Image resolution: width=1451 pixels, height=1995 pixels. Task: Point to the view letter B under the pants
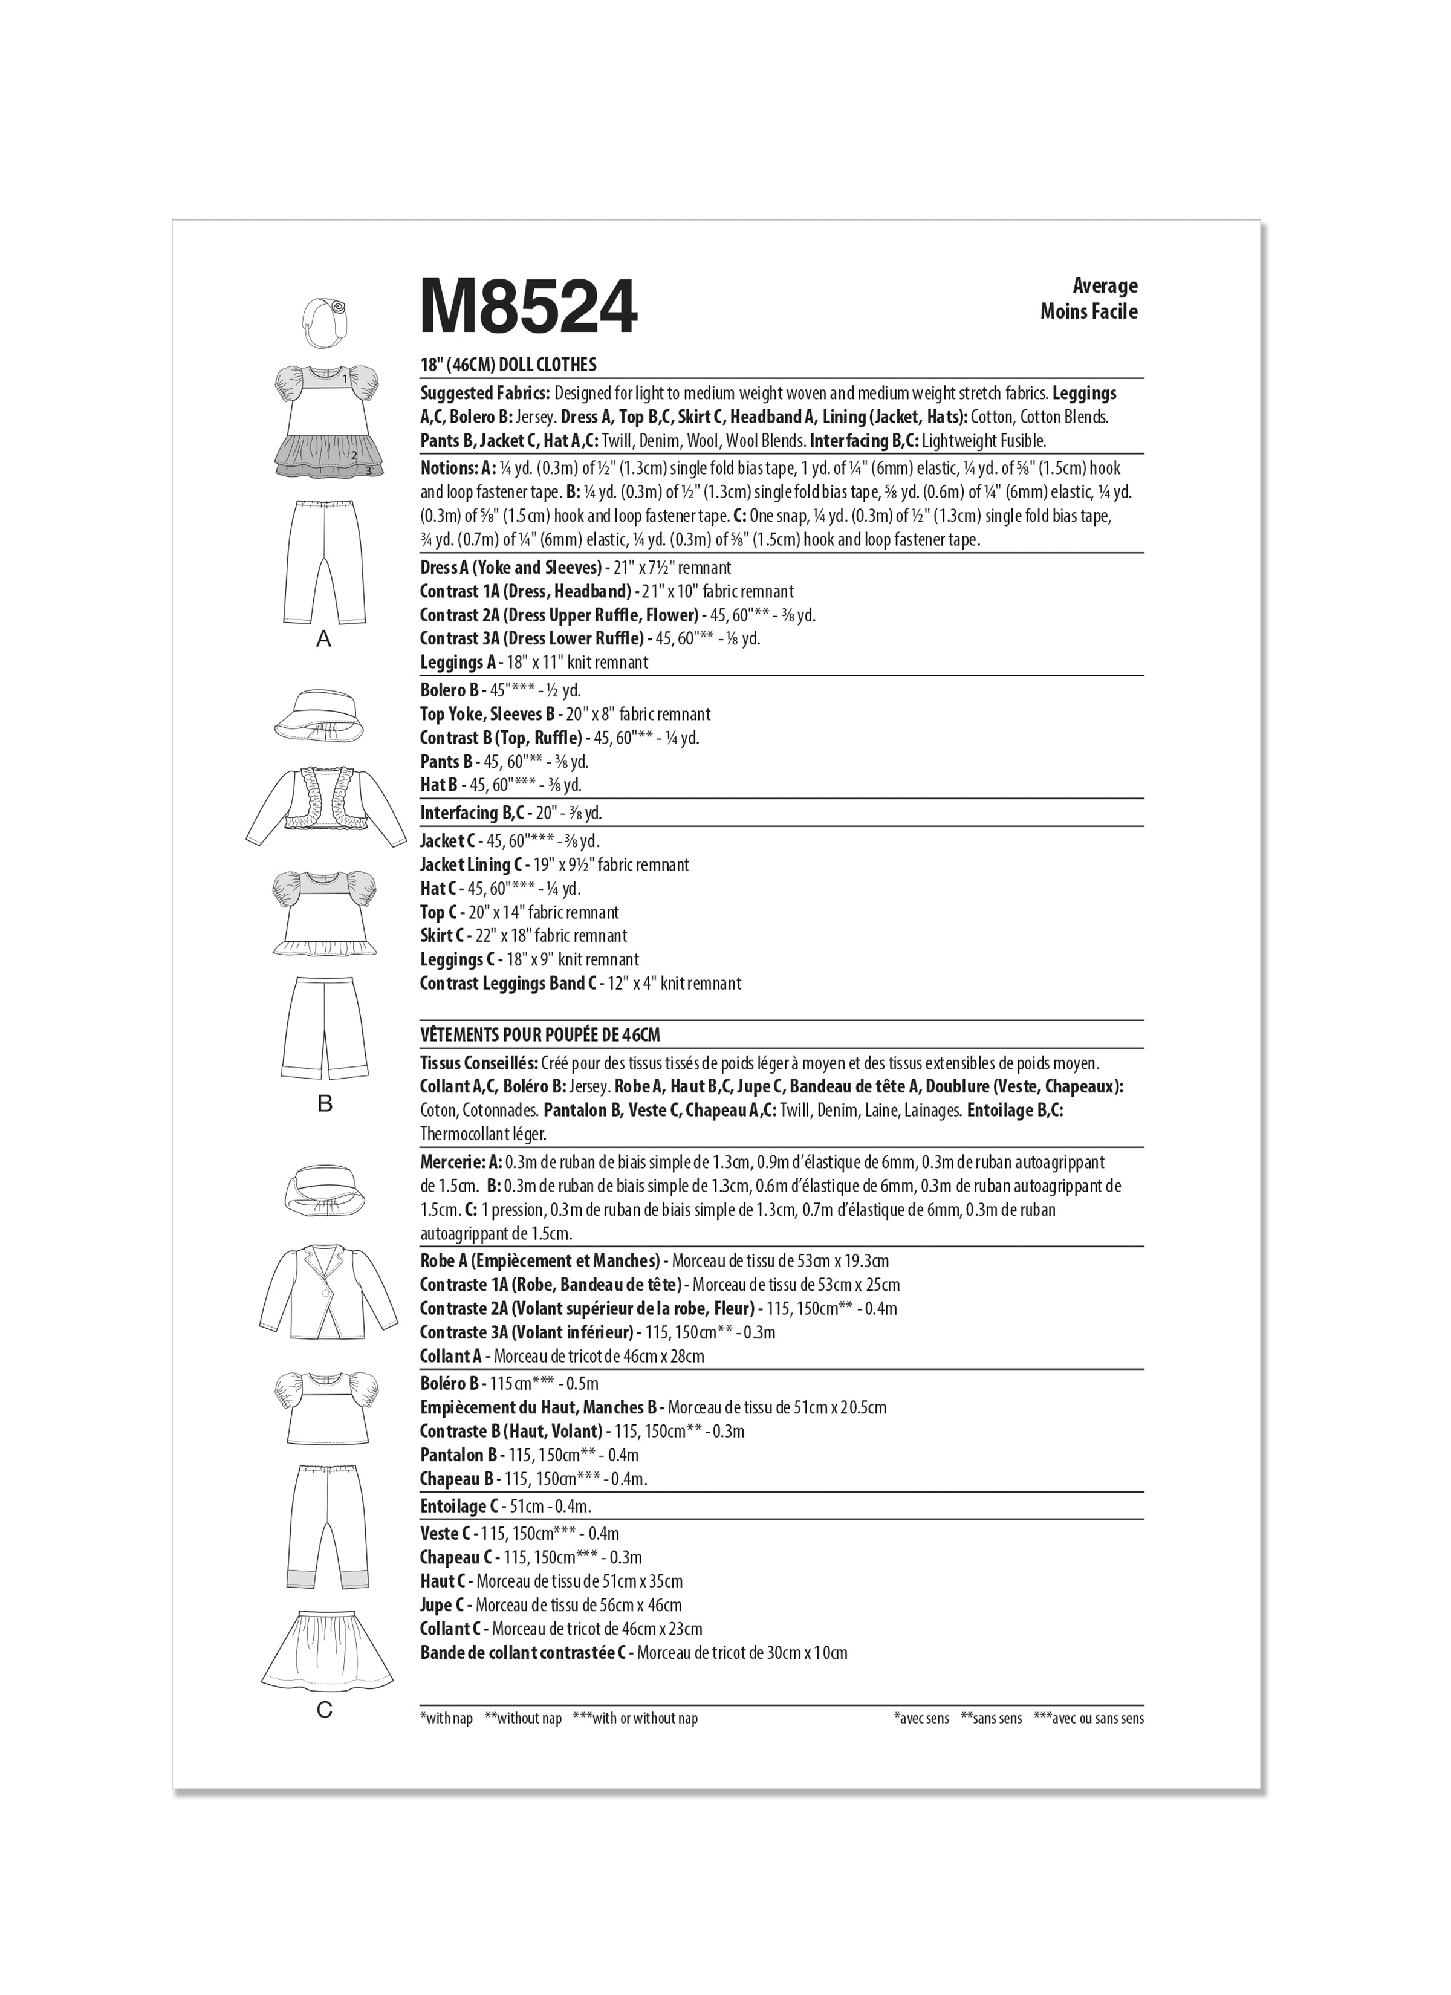click(x=325, y=1103)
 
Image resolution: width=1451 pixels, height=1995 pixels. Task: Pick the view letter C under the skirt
click(x=325, y=1709)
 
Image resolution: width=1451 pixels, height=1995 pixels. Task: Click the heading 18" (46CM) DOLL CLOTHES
click(x=508, y=364)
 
